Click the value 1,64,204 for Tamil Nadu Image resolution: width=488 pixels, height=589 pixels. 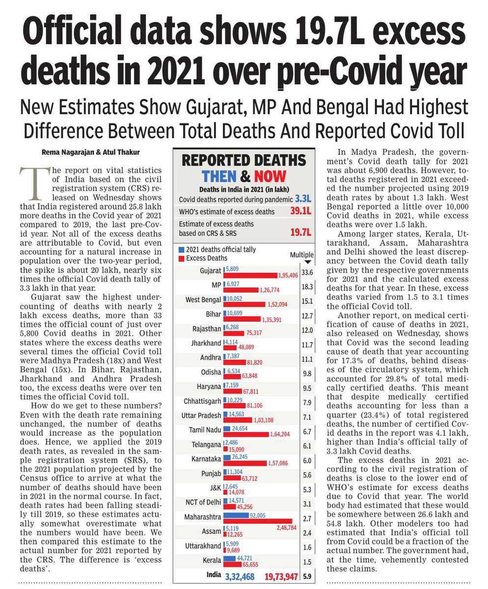point(282,434)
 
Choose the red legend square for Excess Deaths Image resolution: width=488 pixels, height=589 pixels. point(182,258)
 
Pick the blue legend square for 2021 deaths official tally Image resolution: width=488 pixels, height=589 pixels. point(182,250)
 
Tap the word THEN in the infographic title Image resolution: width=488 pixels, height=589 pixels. point(220,176)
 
